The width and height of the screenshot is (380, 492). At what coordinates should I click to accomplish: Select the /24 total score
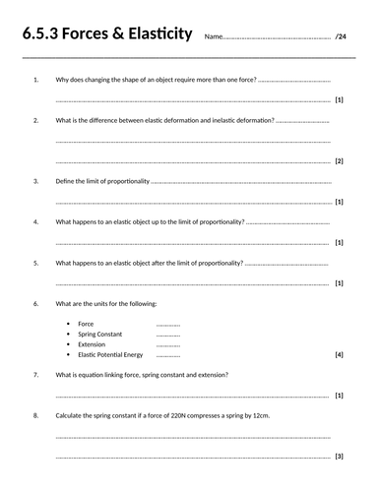click(x=342, y=37)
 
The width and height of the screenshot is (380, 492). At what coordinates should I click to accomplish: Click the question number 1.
click(x=35, y=78)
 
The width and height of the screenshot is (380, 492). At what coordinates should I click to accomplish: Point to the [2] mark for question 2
click(x=340, y=160)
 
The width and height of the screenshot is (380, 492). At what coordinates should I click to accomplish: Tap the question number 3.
click(x=35, y=181)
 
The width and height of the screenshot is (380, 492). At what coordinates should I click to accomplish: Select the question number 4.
click(x=35, y=222)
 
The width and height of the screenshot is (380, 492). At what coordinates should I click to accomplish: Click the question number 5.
click(x=35, y=263)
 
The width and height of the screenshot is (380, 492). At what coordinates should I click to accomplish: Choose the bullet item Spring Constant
click(x=99, y=334)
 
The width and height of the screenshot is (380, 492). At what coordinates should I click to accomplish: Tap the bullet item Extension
click(x=93, y=344)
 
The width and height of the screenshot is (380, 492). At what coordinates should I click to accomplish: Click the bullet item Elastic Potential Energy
click(x=110, y=354)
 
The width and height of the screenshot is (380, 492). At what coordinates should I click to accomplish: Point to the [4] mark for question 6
click(x=340, y=354)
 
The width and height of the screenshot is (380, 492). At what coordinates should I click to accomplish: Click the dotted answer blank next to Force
click(x=168, y=324)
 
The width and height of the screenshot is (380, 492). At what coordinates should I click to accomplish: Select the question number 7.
click(x=35, y=375)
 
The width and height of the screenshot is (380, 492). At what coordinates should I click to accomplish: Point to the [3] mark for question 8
click(x=340, y=457)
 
